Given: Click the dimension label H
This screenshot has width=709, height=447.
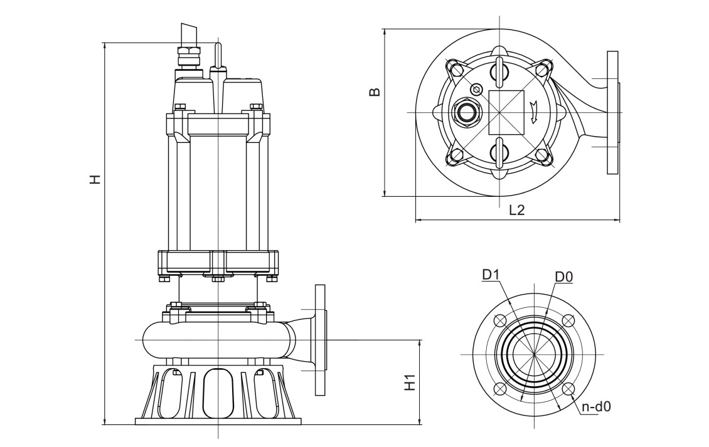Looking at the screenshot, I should click(x=95, y=180).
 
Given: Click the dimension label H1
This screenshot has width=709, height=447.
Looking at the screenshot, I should click(x=410, y=381).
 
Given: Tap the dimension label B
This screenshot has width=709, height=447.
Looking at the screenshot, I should click(x=375, y=92).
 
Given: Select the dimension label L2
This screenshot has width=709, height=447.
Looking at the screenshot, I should click(x=516, y=211).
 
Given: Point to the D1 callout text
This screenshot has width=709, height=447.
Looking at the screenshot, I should click(x=492, y=275).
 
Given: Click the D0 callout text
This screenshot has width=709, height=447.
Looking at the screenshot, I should click(x=563, y=276).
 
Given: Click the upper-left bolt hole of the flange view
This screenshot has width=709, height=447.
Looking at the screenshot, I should click(x=500, y=320).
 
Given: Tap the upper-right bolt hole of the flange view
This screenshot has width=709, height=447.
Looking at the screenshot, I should click(x=568, y=320).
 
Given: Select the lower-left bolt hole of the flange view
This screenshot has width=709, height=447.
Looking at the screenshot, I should click(x=500, y=389).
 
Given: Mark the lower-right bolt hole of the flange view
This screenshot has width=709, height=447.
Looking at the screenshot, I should click(x=568, y=389).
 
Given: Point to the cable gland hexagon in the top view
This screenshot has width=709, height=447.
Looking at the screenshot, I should click(x=466, y=112).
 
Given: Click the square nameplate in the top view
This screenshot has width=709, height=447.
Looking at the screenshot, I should click(x=506, y=112).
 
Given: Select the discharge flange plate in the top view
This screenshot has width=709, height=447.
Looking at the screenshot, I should click(x=612, y=112).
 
